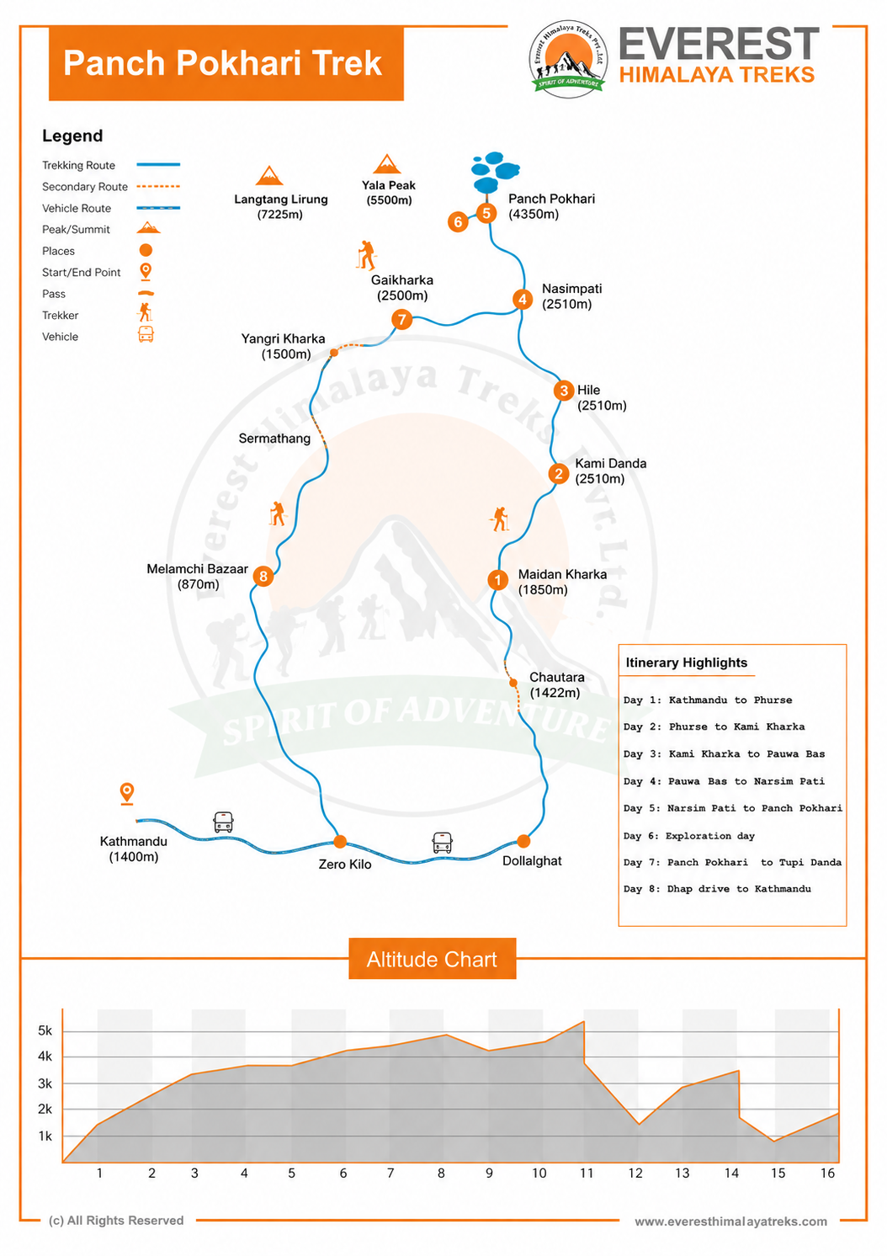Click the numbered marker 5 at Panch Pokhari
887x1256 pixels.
(x=486, y=213)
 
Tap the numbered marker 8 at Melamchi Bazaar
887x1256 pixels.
(x=263, y=576)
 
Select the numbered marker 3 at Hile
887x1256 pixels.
(x=564, y=391)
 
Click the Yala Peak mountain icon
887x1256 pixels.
(x=386, y=164)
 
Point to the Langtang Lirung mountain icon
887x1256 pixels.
(x=269, y=175)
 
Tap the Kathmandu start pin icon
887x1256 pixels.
(x=127, y=793)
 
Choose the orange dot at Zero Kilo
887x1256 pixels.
(x=340, y=841)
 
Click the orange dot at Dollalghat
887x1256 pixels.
(x=523, y=841)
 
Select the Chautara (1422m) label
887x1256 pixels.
(x=557, y=684)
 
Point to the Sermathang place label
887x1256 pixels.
(x=274, y=439)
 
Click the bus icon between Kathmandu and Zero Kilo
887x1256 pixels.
(x=223, y=822)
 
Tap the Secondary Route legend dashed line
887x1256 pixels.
(x=158, y=186)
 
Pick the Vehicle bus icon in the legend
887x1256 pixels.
(x=146, y=335)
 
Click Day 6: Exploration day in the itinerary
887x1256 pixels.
(x=689, y=836)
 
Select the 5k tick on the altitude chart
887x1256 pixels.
(x=45, y=1030)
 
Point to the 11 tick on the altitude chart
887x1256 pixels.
(x=587, y=1173)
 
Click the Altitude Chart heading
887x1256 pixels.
(x=432, y=960)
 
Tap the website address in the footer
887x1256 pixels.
(x=730, y=1221)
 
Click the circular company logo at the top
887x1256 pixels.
(x=568, y=60)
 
